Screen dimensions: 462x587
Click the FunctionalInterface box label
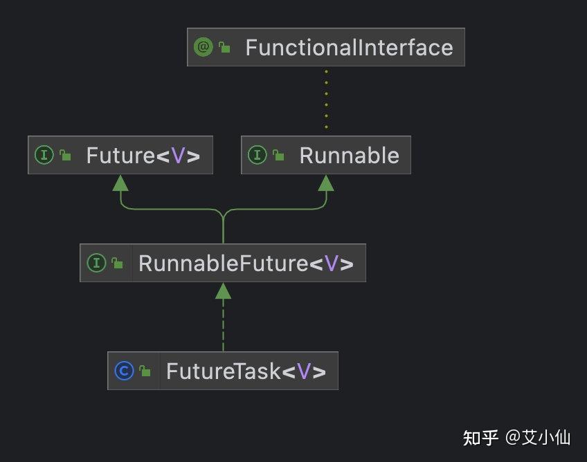(x=349, y=48)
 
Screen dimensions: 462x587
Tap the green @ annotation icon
(x=203, y=47)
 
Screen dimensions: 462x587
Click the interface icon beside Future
(x=44, y=155)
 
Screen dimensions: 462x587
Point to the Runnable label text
(x=349, y=155)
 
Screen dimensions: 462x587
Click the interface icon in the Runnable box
(x=257, y=155)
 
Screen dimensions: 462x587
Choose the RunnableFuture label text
(x=246, y=263)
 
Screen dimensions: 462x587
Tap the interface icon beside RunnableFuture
(x=96, y=263)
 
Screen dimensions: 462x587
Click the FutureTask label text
(x=245, y=371)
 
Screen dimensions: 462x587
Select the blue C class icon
(x=124, y=371)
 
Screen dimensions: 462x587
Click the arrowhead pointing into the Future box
(x=121, y=183)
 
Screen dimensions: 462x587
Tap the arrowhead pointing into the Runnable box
(x=326, y=183)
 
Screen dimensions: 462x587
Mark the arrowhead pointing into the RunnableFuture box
(x=223, y=290)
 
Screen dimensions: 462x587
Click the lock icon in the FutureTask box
(x=145, y=371)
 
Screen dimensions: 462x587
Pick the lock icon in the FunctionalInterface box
(x=224, y=48)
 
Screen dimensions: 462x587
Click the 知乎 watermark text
(x=480, y=438)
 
